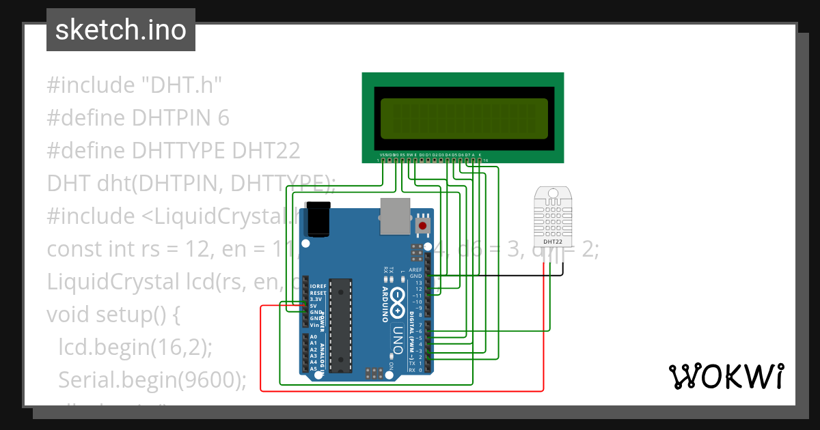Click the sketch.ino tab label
click(121, 30)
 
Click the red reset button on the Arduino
click(423, 226)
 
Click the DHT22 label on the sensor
click(552, 242)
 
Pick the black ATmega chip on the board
click(340, 325)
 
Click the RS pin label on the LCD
click(402, 155)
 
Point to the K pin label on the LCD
click(480, 155)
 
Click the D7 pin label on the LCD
click(467, 155)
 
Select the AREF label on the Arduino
click(415, 270)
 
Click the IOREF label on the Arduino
click(318, 286)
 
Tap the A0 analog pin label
click(313, 336)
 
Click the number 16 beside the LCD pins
click(485, 160)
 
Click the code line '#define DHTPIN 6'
click(138, 118)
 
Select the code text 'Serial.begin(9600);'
click(152, 379)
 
